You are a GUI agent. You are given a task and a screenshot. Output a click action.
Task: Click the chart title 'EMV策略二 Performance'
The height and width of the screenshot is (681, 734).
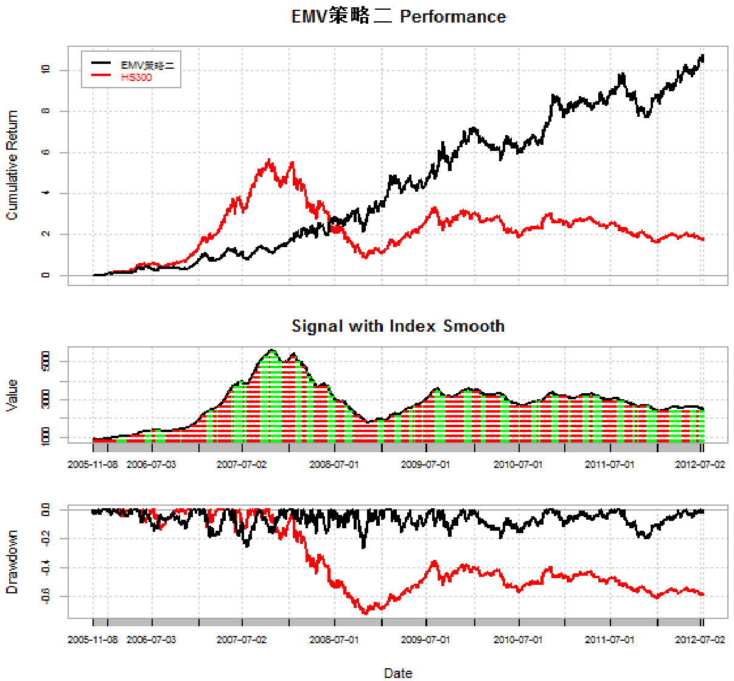(399, 16)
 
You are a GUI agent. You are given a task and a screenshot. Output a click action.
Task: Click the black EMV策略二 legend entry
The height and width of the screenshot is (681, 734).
(147, 65)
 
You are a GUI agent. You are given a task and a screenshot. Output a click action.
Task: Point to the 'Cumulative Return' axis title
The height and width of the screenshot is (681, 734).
(12, 165)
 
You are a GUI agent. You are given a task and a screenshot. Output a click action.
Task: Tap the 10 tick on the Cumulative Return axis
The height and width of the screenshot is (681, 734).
(46, 70)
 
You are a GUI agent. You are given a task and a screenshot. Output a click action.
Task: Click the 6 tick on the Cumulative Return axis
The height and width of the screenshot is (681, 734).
(46, 152)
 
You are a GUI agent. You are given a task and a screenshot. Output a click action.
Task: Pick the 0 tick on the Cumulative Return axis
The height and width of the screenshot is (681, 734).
(46, 275)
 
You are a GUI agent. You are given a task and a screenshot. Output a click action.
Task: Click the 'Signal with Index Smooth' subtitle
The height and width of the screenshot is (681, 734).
(398, 326)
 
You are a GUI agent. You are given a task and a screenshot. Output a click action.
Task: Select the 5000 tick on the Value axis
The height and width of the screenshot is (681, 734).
(46, 362)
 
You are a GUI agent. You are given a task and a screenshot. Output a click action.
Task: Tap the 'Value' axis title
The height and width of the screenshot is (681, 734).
(12, 395)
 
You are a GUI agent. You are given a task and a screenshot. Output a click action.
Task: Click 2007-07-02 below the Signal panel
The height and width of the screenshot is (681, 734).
(242, 464)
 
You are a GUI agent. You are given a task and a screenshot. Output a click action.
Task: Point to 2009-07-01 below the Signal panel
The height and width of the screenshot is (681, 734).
(425, 464)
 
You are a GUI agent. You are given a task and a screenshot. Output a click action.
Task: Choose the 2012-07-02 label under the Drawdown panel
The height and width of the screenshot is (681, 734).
(700, 640)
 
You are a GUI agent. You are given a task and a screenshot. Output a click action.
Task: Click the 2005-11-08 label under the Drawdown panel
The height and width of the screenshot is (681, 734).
(93, 640)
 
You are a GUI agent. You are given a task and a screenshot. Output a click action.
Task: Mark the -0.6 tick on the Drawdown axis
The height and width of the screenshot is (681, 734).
(46, 596)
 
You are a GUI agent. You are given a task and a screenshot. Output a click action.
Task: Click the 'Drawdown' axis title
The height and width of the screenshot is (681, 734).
(12, 562)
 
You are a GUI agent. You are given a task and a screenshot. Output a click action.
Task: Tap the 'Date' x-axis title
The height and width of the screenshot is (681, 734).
(398, 672)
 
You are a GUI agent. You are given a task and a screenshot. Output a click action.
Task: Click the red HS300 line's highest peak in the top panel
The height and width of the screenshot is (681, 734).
(269, 160)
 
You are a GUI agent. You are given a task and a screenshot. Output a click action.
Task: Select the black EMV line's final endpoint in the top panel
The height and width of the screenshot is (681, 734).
(703, 56)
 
